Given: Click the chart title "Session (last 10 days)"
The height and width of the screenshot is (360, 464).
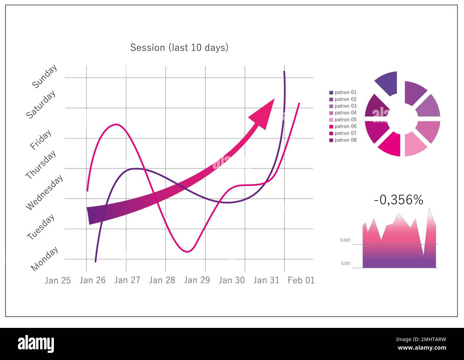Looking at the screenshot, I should pyautogui.click(x=179, y=47).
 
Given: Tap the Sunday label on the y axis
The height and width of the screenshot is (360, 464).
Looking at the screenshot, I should pyautogui.click(x=45, y=76).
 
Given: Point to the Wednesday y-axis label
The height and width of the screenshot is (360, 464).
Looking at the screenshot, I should pyautogui.click(x=45, y=192).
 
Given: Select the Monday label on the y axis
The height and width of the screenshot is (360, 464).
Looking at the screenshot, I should pyautogui.click(x=45, y=259).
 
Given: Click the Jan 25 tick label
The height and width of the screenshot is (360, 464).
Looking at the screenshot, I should pyautogui.click(x=58, y=280).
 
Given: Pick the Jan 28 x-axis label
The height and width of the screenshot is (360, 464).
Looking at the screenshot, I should pyautogui.click(x=162, y=280).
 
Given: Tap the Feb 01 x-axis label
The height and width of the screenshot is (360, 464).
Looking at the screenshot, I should pyautogui.click(x=301, y=280).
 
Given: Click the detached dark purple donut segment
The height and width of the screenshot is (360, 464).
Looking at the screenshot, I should pyautogui.click(x=388, y=83).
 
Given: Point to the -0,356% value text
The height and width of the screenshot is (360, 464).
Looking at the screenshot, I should pyautogui.click(x=398, y=200).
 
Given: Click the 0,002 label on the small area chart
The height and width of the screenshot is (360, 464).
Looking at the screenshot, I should pyautogui.click(x=346, y=240).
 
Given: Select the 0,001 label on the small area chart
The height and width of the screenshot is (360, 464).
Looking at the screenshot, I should pyautogui.click(x=346, y=264).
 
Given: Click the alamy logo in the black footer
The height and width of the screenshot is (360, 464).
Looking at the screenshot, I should pyautogui.click(x=36, y=344).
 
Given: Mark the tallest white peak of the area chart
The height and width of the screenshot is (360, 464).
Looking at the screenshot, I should pyautogui.click(x=429, y=209).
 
